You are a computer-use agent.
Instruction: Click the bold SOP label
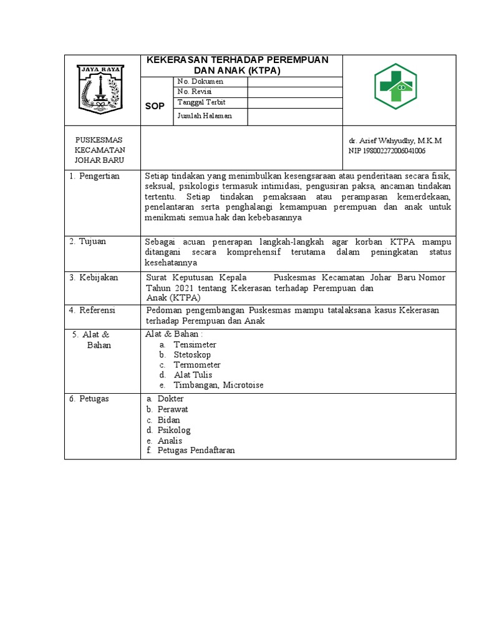pos(155,106)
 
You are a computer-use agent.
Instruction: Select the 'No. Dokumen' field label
pos(200,82)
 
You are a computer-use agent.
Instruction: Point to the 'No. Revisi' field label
pos(195,92)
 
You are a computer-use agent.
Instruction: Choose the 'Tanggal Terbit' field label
pos(201,102)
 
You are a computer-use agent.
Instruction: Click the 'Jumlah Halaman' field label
pos(205,116)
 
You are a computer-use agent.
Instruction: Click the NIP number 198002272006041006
pos(387,151)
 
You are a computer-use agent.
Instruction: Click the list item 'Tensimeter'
pos(195,344)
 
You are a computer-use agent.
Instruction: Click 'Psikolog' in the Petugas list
pos(174,430)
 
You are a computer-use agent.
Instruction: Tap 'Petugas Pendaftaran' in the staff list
pos(196,450)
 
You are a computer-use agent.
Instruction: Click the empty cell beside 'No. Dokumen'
pos(295,82)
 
